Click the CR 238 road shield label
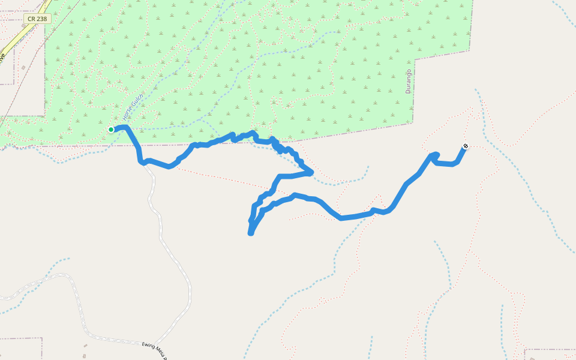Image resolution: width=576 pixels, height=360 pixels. [37, 19]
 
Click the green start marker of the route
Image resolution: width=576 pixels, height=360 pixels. [111, 130]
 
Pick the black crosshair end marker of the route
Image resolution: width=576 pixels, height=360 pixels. [466, 146]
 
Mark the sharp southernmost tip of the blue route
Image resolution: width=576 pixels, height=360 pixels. [251, 233]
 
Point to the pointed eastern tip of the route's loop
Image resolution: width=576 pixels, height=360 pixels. [311, 172]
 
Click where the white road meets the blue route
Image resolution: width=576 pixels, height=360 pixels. [144, 163]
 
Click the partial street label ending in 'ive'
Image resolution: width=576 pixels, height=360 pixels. [2, 58]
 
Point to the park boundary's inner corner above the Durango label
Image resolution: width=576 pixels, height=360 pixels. [415, 60]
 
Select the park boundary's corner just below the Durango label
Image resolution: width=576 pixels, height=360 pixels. [413, 123]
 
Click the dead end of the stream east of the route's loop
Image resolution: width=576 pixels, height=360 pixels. [367, 166]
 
